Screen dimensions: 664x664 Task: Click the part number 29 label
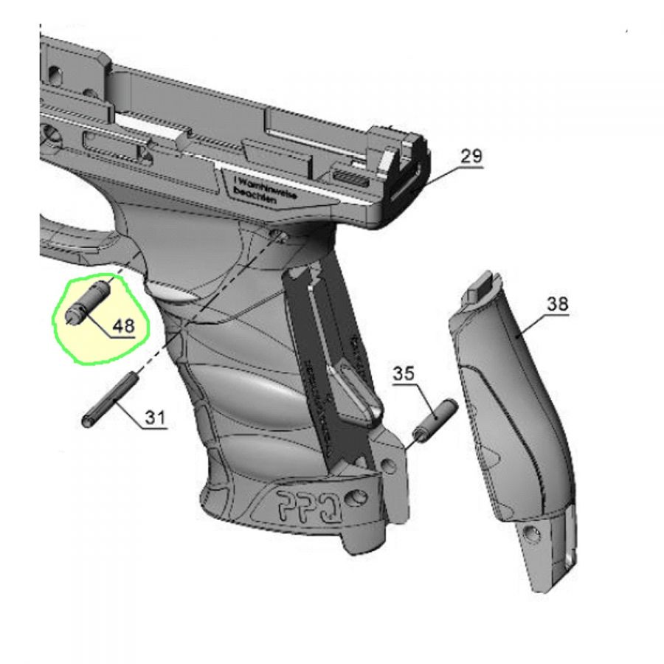coord(471,156)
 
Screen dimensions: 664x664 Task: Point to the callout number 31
coord(153,418)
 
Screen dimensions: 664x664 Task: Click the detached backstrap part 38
coord(516,428)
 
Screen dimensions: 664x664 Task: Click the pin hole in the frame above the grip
coord(278,234)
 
